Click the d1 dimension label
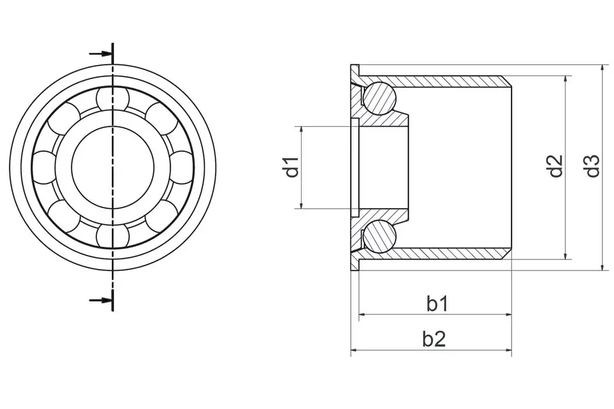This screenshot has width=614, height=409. [x=292, y=167]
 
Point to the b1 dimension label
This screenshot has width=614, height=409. [x=437, y=304]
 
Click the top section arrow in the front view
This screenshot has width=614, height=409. [x=101, y=54]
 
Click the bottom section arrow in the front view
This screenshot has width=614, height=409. [x=101, y=300]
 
